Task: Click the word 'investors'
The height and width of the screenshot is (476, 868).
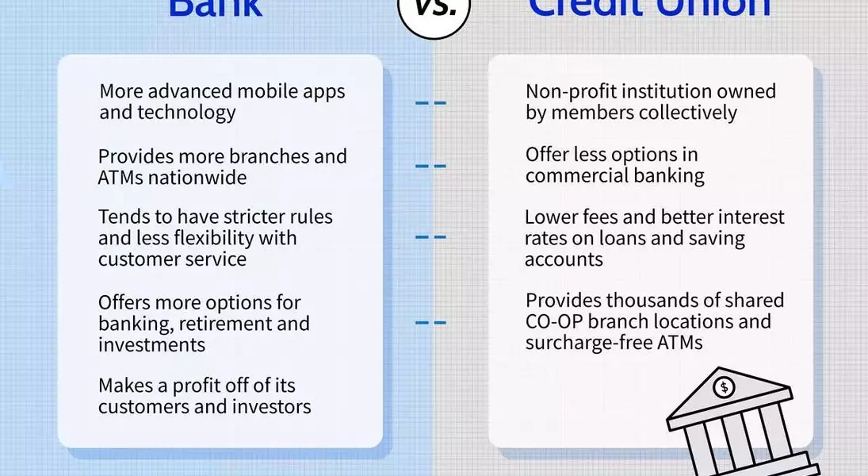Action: click(273, 407)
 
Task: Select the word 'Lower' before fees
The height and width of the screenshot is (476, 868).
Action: click(551, 217)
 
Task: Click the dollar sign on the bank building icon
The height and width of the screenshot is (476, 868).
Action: click(723, 388)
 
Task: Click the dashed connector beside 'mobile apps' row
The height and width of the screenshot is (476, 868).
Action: click(430, 102)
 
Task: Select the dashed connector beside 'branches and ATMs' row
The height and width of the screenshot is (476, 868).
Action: click(430, 166)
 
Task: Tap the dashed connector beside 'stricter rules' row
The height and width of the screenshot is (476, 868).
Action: click(430, 236)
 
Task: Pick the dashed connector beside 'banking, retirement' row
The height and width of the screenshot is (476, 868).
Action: click(430, 322)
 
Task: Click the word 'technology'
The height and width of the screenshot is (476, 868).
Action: click(186, 113)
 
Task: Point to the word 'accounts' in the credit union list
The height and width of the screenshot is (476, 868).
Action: click(564, 259)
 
